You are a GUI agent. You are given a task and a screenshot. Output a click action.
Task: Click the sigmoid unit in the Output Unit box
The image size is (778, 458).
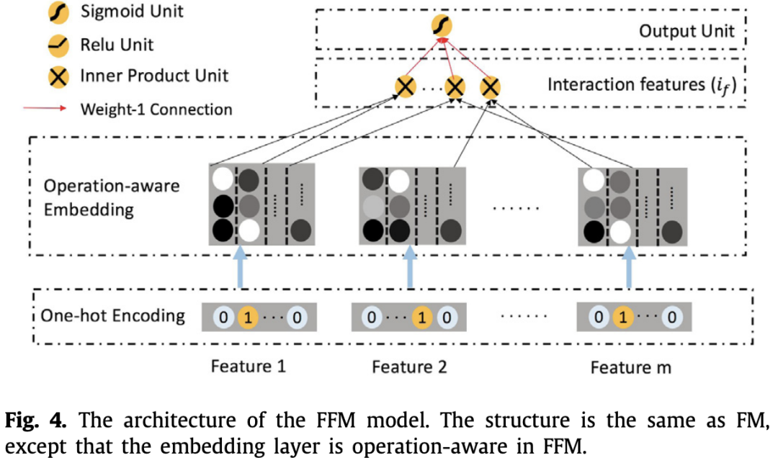pyautogui.click(x=441, y=26)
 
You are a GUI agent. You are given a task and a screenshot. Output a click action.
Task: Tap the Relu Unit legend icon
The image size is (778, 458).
pyautogui.click(x=58, y=45)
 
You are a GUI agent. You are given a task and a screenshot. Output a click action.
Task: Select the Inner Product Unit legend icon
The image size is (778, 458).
pyautogui.click(x=58, y=77)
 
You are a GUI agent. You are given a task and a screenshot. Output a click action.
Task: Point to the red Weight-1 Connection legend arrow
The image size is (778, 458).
pyautogui.click(x=45, y=108)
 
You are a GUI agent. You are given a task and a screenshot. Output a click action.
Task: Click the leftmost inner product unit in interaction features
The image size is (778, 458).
pyautogui.click(x=406, y=87)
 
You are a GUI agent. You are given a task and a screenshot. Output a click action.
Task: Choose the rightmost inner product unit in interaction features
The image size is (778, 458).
pyautogui.click(x=491, y=88)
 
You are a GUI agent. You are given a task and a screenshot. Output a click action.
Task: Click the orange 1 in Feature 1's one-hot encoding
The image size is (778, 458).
pyautogui.click(x=248, y=317)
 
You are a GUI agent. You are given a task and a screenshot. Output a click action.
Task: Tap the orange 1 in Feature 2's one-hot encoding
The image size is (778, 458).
pyautogui.click(x=422, y=317)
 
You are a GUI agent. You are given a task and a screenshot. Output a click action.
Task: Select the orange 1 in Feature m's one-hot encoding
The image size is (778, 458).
pyautogui.click(x=623, y=317)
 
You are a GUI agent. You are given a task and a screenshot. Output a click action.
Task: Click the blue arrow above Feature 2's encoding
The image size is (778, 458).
pyautogui.click(x=410, y=267)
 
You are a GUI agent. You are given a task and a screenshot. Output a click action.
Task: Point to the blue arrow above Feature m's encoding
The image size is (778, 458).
pyautogui.click(x=629, y=267)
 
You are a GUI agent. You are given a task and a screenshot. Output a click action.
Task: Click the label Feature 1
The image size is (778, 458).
pyautogui.click(x=248, y=367)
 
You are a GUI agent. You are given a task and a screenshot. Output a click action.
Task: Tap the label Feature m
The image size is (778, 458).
pyautogui.click(x=630, y=368)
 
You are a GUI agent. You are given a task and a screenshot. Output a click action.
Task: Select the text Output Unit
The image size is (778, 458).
pyautogui.click(x=687, y=31)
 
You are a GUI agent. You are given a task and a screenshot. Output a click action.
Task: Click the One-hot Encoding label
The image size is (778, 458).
pyautogui.click(x=112, y=316)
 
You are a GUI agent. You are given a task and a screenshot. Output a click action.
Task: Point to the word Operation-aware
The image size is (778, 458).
pyautogui.click(x=112, y=186)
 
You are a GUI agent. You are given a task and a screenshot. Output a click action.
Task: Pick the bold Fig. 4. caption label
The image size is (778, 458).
pyautogui.click(x=35, y=421)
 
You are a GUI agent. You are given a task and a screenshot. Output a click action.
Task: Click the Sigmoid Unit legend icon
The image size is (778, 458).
pyautogui.click(x=58, y=13)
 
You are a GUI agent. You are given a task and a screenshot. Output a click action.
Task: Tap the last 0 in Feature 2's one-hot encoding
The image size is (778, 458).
pyautogui.click(x=447, y=317)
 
